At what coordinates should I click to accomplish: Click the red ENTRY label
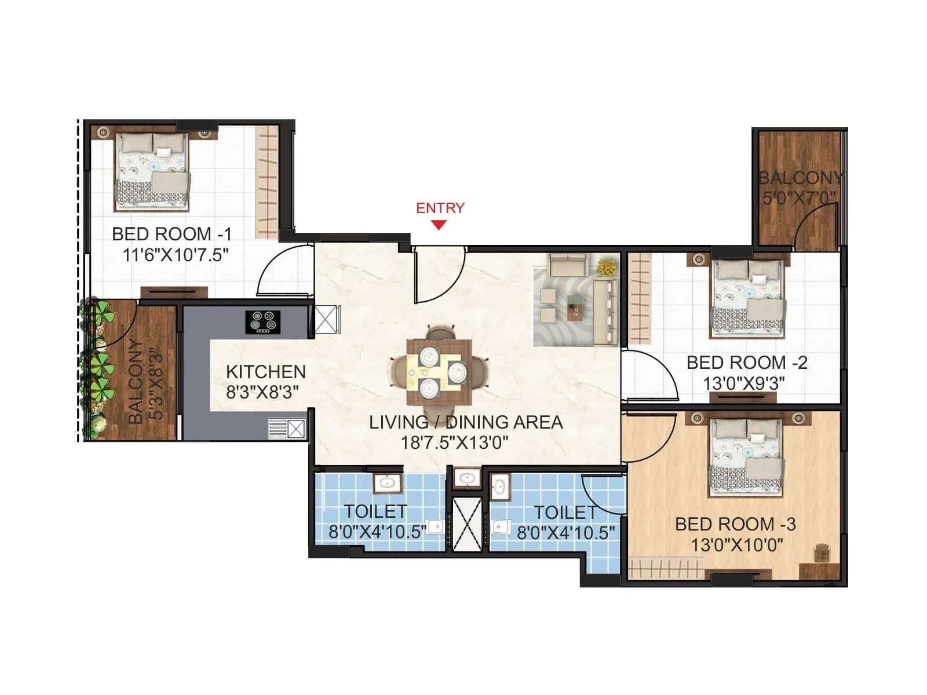(x=440, y=208)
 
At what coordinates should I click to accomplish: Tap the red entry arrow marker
(x=439, y=225)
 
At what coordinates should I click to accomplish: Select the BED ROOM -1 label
(x=171, y=234)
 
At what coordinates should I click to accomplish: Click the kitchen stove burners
(x=262, y=322)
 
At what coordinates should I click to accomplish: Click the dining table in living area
(x=439, y=372)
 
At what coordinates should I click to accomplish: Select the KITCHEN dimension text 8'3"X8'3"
(x=262, y=393)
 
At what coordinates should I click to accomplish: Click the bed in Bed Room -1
(x=152, y=171)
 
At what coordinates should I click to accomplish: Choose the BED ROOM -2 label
(x=747, y=363)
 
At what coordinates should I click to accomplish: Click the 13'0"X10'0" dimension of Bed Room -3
(x=737, y=545)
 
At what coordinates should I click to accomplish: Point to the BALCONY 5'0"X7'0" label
(x=800, y=188)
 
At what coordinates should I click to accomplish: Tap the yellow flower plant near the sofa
(x=607, y=267)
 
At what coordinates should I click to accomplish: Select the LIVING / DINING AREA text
(x=466, y=422)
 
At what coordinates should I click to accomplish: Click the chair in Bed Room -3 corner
(x=822, y=553)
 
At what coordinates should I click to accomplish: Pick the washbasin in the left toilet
(x=384, y=483)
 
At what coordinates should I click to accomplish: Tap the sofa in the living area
(x=604, y=313)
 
